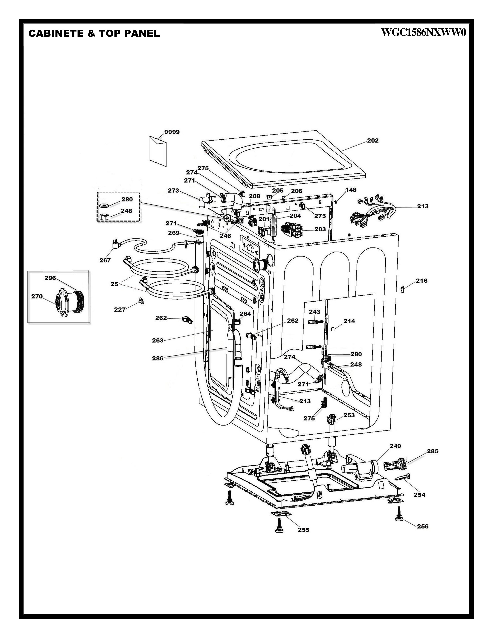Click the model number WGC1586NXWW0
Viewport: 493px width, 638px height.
point(423,33)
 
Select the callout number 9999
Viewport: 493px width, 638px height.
point(172,132)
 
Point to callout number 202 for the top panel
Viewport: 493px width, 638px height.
point(373,141)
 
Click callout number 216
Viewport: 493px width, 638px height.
point(421,281)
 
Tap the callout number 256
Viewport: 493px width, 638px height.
point(423,526)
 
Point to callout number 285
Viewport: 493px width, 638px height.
point(432,451)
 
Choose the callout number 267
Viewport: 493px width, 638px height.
point(105,260)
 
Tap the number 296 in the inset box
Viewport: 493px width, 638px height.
point(50,278)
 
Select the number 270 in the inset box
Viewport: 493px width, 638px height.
point(37,296)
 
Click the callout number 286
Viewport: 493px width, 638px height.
point(158,358)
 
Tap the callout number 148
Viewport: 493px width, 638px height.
point(351,190)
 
